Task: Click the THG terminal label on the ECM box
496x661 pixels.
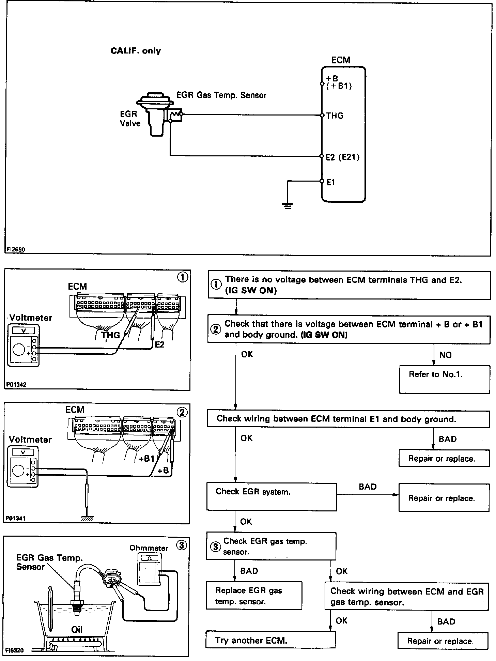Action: click(335, 116)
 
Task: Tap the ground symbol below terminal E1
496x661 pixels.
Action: click(288, 205)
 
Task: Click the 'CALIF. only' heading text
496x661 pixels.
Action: click(136, 51)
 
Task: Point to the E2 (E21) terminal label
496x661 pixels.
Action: click(342, 157)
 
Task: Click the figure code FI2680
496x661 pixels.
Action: click(16, 249)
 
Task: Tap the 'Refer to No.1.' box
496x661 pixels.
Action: click(444, 379)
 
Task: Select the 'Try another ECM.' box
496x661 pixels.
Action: click(270, 640)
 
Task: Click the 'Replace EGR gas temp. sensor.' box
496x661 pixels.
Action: click(254, 596)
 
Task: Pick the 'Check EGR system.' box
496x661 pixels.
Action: click(271, 496)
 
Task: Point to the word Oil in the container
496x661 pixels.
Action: click(77, 629)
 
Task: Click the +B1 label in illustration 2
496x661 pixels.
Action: click(146, 459)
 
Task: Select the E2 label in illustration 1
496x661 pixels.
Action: click(159, 344)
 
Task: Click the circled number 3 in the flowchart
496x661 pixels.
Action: click(215, 547)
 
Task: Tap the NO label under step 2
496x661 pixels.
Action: click(445, 355)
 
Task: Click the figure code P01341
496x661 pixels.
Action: click(16, 518)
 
